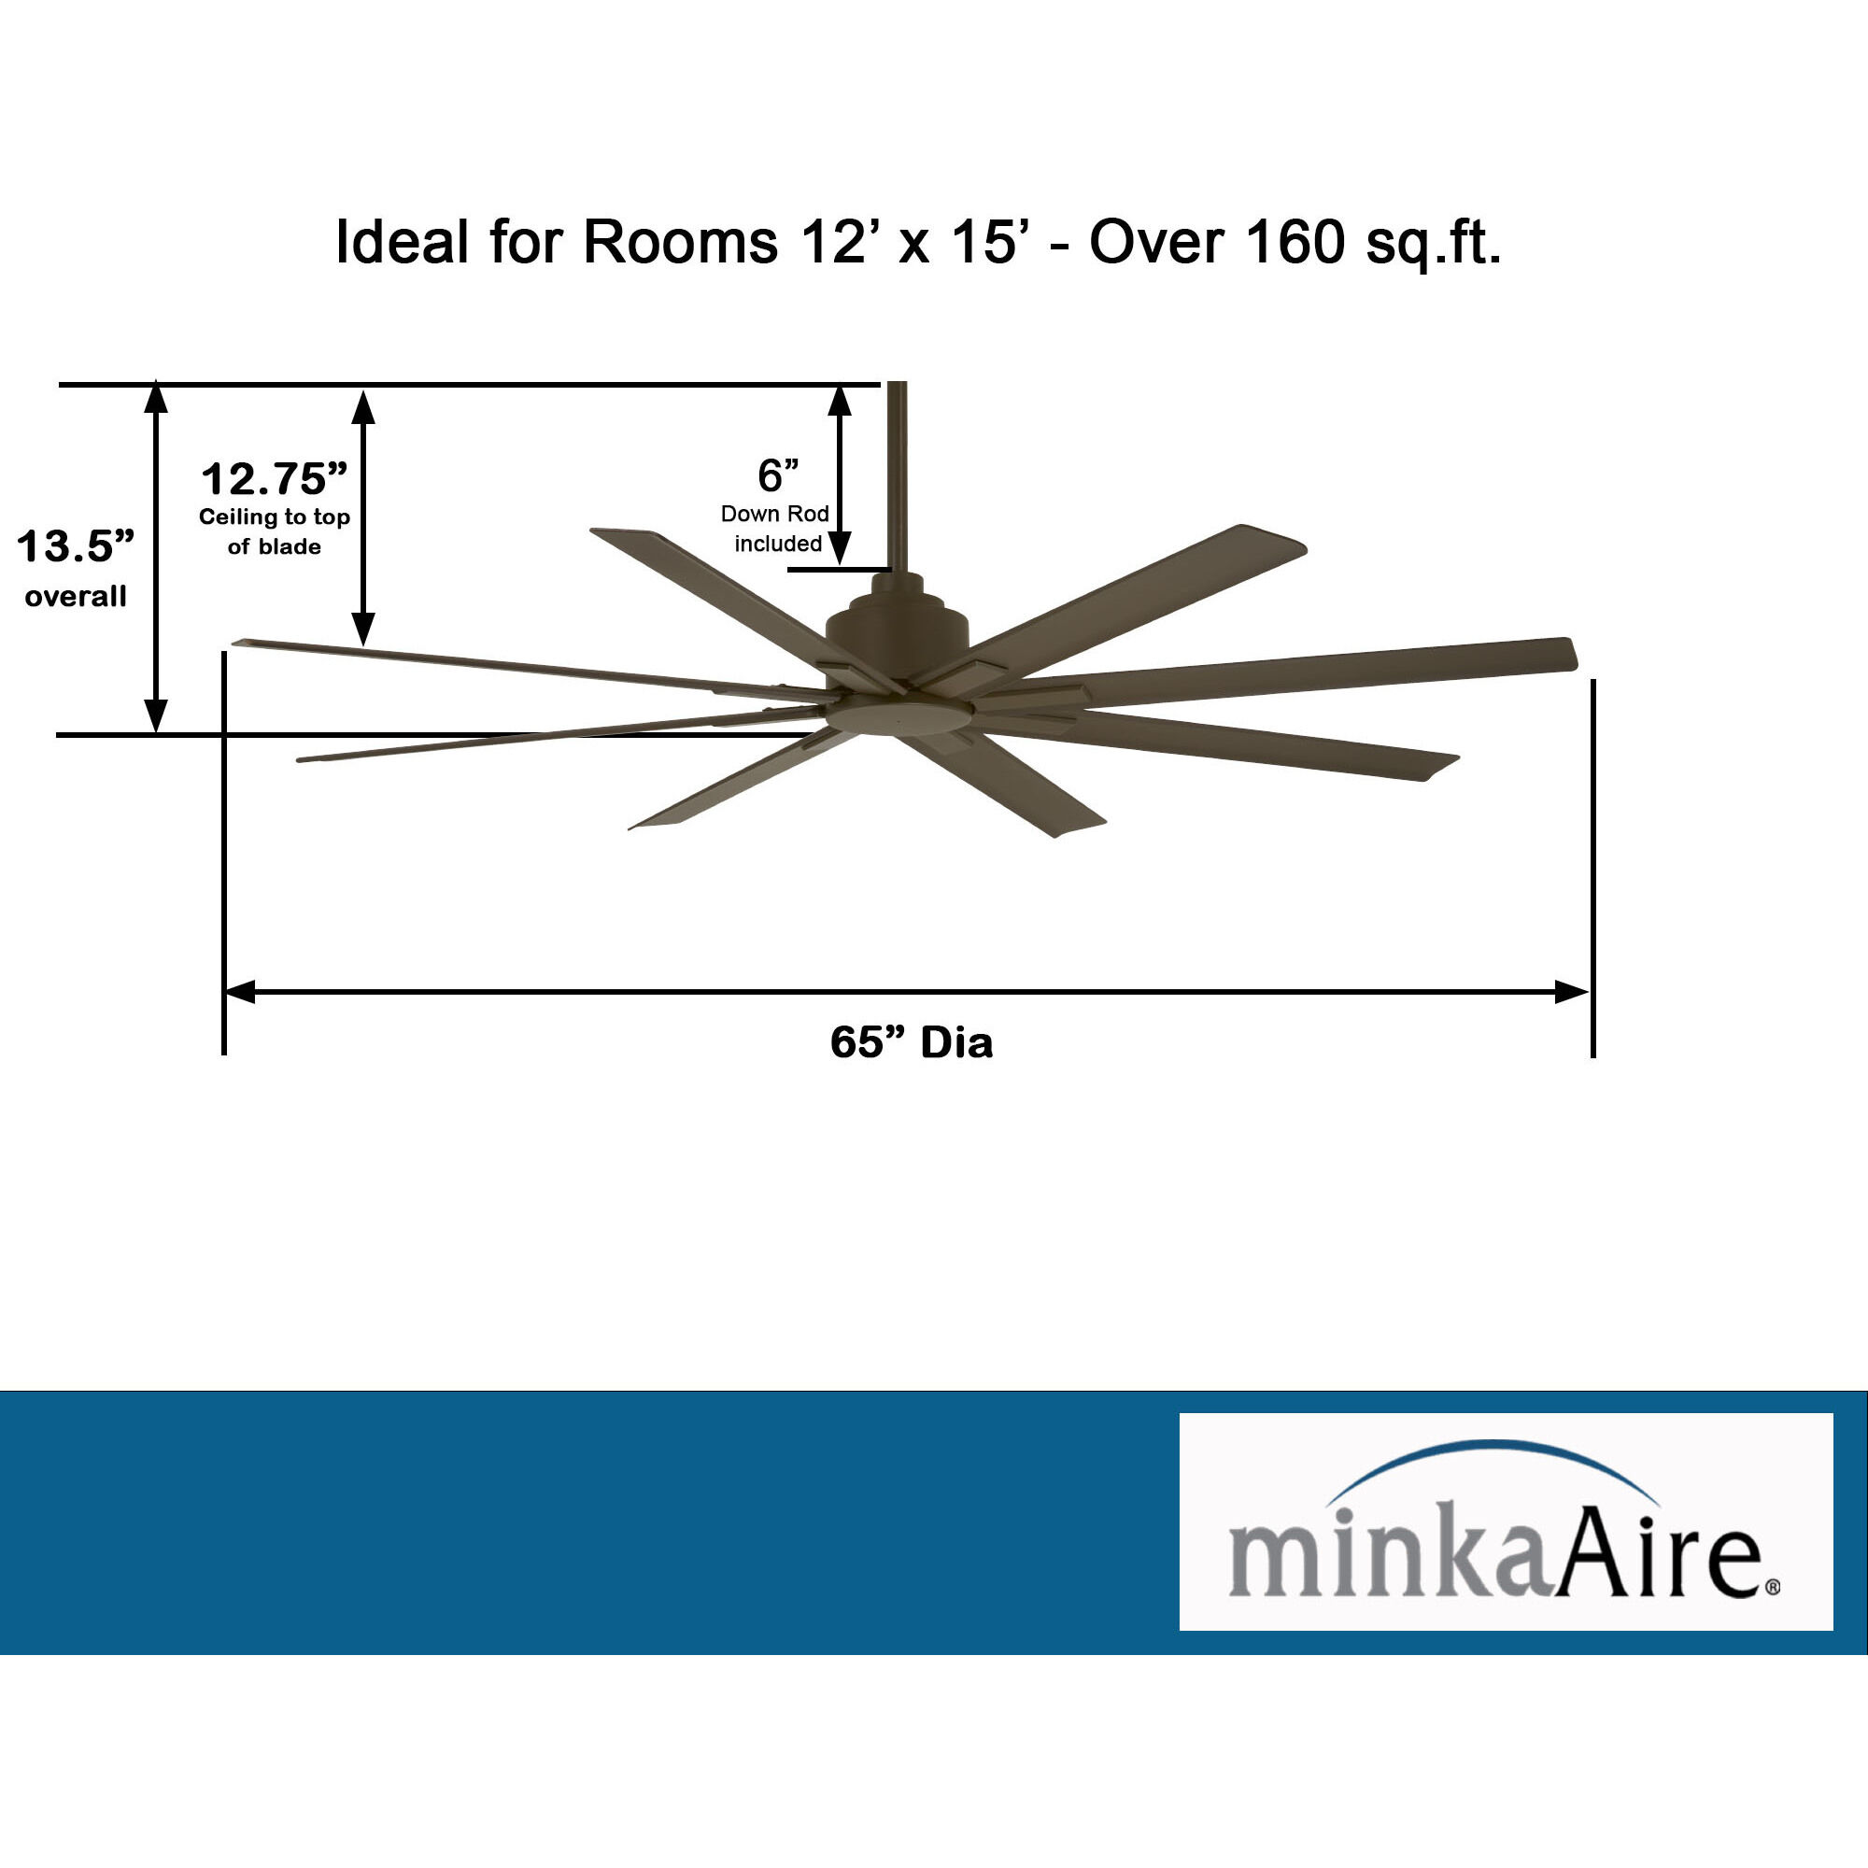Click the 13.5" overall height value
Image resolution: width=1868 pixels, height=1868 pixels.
point(76,546)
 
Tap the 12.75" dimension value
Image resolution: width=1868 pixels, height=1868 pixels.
point(274,478)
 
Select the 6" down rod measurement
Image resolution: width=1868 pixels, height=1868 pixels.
point(777,474)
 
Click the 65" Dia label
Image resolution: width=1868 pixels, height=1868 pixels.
point(911,1042)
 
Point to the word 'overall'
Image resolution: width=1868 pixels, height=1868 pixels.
point(76,597)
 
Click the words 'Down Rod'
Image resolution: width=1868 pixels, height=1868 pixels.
point(774,515)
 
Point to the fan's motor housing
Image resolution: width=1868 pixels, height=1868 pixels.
point(898,633)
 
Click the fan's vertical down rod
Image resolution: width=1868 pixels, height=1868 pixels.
point(898,474)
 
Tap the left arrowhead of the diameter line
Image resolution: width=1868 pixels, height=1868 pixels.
point(239,992)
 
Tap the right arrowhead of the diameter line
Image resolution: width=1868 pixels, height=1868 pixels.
point(1571,992)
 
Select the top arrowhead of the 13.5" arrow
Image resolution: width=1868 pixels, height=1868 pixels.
point(156,396)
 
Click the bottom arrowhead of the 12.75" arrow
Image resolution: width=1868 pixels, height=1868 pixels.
point(362,630)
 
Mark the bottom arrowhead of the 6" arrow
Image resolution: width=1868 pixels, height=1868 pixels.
point(841,549)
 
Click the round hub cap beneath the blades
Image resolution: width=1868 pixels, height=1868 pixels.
point(899,717)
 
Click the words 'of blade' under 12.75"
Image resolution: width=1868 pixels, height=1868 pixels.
point(274,547)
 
